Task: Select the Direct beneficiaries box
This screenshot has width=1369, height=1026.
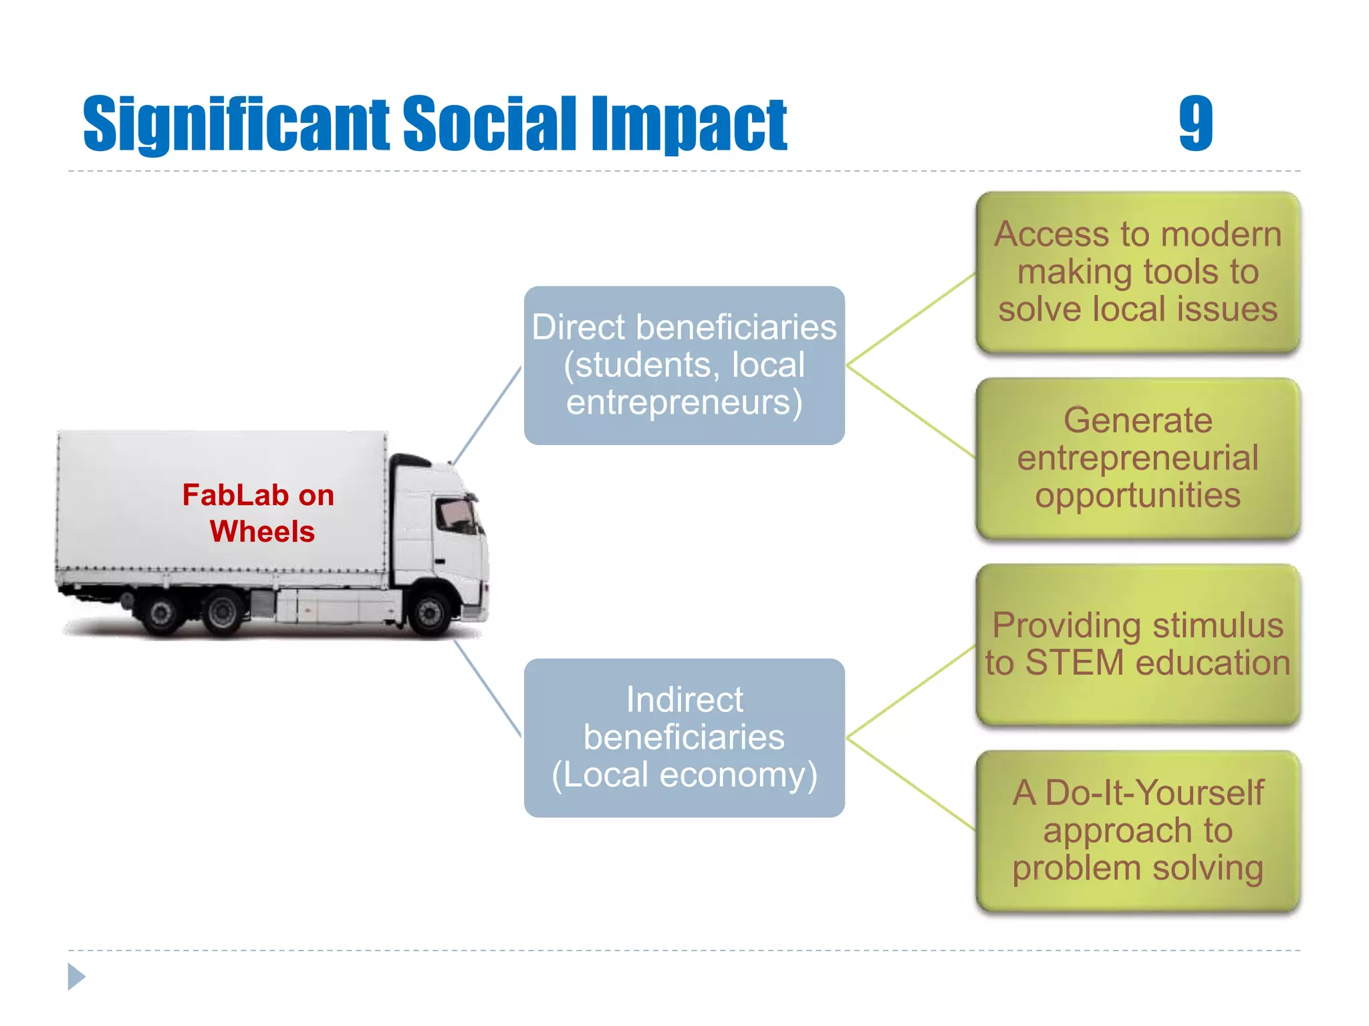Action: tap(684, 365)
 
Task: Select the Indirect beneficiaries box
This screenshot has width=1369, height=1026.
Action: tap(684, 737)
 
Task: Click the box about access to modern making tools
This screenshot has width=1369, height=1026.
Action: tap(1138, 272)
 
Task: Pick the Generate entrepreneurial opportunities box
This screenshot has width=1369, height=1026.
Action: tap(1138, 458)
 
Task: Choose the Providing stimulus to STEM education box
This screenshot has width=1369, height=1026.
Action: tap(1138, 644)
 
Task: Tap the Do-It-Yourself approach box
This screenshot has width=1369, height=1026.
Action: tap(1138, 830)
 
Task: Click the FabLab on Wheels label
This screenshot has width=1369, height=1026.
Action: tap(259, 513)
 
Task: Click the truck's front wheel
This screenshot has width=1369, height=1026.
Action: tap(429, 611)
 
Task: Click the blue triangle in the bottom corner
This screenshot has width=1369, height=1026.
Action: tap(76, 977)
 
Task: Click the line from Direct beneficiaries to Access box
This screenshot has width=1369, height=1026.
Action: tap(910, 319)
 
